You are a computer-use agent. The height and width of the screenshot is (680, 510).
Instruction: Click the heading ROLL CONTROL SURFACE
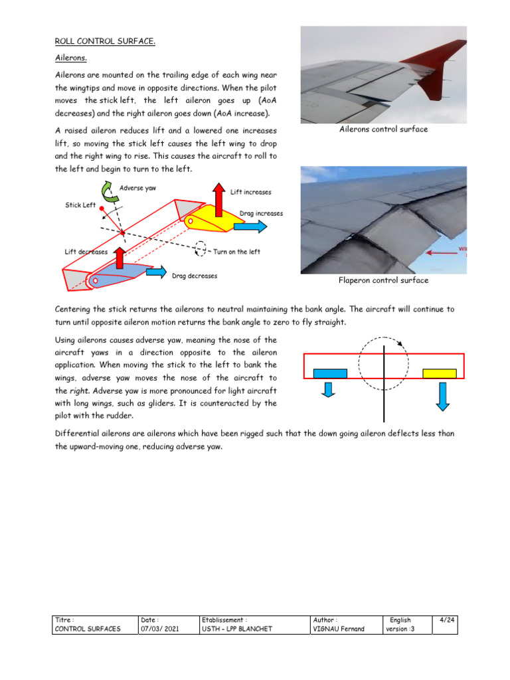104,42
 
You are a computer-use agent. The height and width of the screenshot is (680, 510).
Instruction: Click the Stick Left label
81,205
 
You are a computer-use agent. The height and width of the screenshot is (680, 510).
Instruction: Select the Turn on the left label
236,252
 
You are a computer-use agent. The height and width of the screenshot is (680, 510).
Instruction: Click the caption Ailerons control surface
383,129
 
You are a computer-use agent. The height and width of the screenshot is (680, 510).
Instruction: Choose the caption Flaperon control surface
383,280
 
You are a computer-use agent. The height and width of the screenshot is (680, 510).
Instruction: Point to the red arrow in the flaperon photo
445,252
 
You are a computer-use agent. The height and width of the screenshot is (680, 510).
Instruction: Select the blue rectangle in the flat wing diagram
329,373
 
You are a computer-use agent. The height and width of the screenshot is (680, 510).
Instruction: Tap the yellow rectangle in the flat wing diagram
439,373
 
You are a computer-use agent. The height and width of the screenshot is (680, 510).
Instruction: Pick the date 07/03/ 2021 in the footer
159,629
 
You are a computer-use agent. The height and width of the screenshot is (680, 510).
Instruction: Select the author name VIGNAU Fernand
338,629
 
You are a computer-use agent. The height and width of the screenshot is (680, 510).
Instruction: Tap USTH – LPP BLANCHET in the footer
237,629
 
